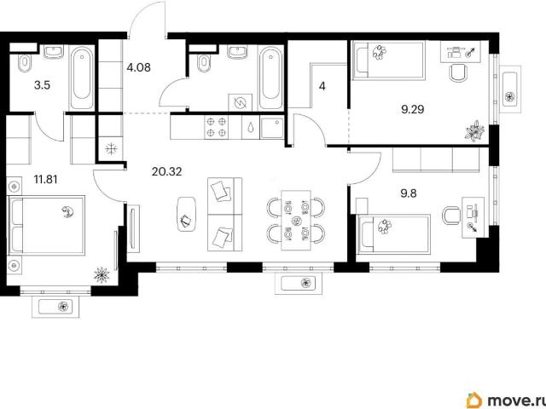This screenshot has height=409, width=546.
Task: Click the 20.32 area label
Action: tap(167, 171)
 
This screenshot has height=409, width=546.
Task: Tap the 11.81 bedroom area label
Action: tap(45, 180)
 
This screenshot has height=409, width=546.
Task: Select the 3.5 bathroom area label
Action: tap(42, 85)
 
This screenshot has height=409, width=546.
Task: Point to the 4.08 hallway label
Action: tap(138, 67)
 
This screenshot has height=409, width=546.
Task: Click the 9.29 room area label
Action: tap(413, 110)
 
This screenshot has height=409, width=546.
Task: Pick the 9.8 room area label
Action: tap(409, 193)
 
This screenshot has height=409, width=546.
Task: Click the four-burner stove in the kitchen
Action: tap(216, 127)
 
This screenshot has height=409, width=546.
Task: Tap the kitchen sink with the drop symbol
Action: tap(251, 127)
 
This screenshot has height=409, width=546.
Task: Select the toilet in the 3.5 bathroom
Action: tap(25, 62)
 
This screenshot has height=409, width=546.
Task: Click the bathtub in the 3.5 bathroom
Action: tap(82, 78)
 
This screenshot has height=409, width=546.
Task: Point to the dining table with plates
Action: tap(296, 220)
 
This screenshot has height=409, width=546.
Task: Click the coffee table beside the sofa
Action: tap(187, 214)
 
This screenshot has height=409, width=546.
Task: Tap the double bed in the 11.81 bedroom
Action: tap(46, 225)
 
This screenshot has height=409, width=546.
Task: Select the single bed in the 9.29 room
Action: tap(388, 60)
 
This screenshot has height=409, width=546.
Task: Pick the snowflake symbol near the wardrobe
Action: tap(112, 150)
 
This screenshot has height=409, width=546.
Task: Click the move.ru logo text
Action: tap(516, 401)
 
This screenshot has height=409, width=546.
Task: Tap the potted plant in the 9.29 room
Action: tap(474, 131)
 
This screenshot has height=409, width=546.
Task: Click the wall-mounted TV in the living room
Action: tap(133, 228)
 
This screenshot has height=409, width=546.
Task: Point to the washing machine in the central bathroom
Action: tap(241, 102)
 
